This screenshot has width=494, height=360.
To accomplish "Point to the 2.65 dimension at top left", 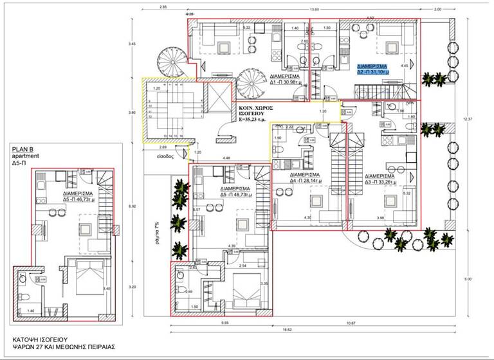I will pos(163,7).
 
